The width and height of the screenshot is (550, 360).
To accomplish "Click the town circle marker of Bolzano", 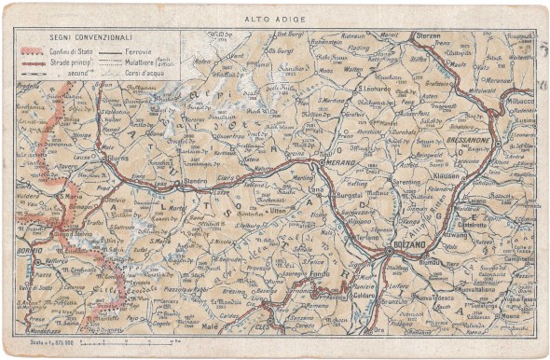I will pyautogui.click(x=389, y=251).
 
